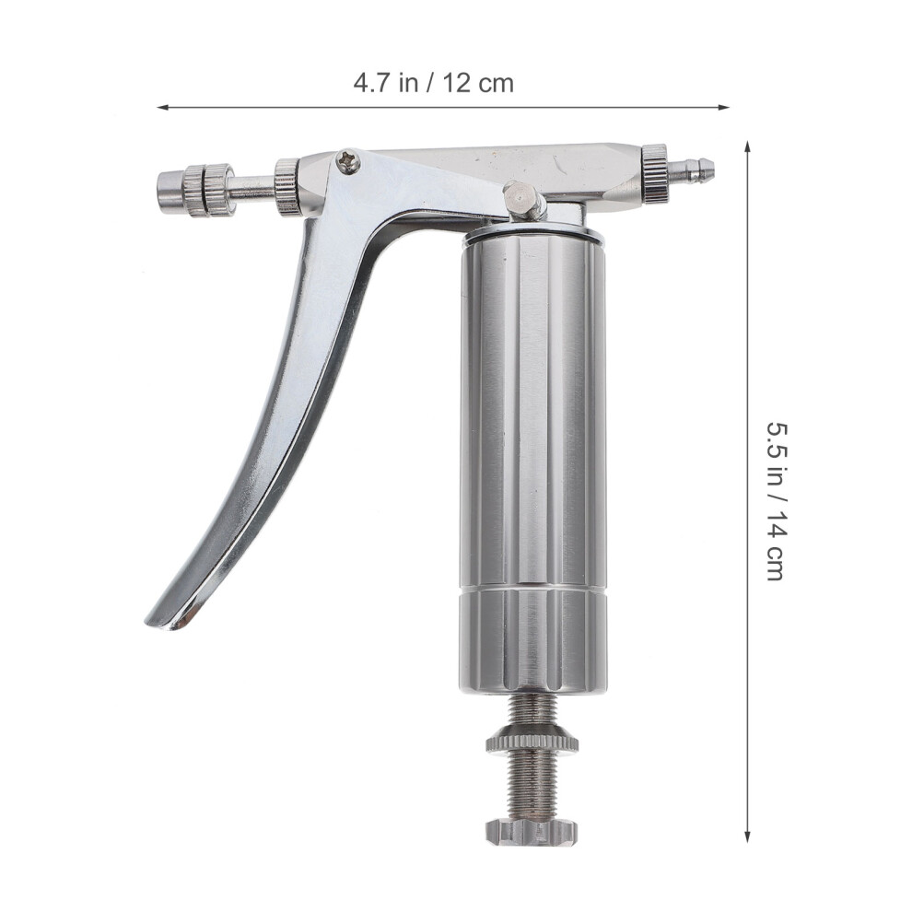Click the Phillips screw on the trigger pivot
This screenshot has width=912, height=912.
[x=348, y=160]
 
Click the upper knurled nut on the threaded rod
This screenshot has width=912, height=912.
[x=532, y=741]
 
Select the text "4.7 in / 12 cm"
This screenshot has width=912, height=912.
[x=433, y=83]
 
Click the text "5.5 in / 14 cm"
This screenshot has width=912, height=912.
[x=777, y=500]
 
